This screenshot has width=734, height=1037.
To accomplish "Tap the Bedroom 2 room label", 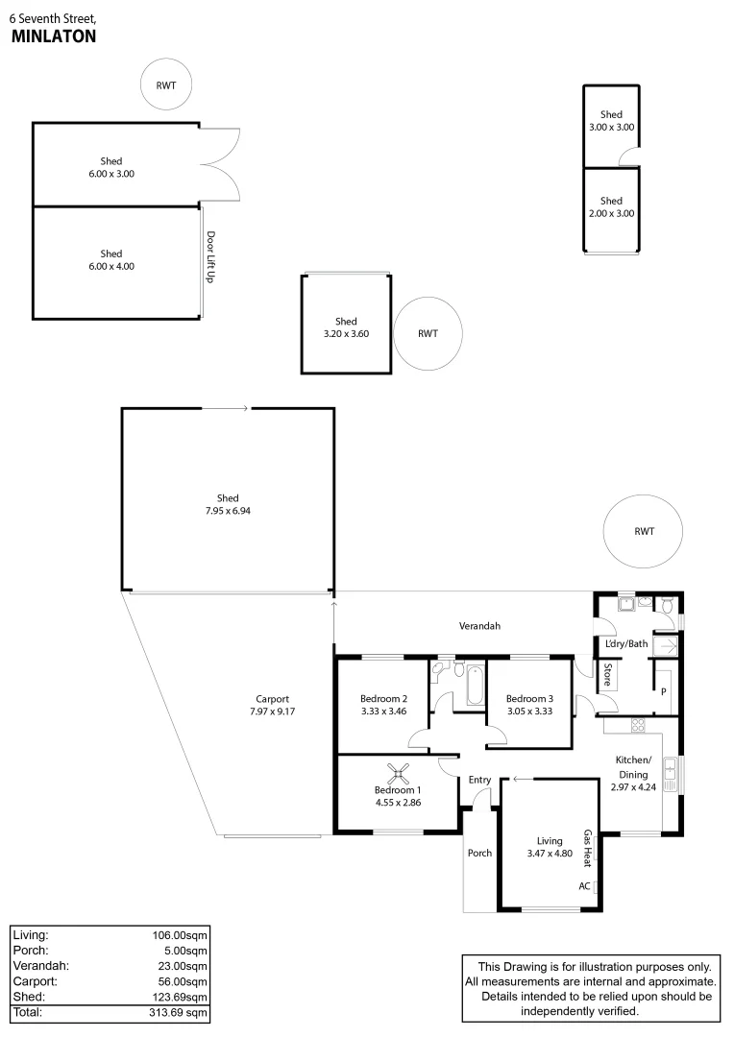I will pyautogui.click(x=384, y=698).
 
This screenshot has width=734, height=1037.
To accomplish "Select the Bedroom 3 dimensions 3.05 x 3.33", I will pyautogui.click(x=529, y=711).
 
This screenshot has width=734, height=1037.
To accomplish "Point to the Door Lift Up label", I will pyautogui.click(x=209, y=256).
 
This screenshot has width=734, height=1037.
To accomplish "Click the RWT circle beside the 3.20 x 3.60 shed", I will pyautogui.click(x=428, y=334).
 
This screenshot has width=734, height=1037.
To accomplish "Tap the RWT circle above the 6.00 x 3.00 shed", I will pyautogui.click(x=166, y=85).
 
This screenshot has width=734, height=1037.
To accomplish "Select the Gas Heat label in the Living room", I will pyautogui.click(x=587, y=846).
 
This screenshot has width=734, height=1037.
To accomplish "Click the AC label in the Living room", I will pyautogui.click(x=584, y=886).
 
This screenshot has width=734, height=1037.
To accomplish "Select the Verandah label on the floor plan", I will pyautogui.click(x=478, y=626).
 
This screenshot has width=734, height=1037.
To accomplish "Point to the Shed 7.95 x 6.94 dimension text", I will pyautogui.click(x=228, y=511).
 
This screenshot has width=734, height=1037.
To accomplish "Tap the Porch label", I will pyautogui.click(x=479, y=853).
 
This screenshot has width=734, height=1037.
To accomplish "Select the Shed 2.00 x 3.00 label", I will pyautogui.click(x=612, y=207).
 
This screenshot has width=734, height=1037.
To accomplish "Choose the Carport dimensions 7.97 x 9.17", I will pyautogui.click(x=273, y=711).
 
